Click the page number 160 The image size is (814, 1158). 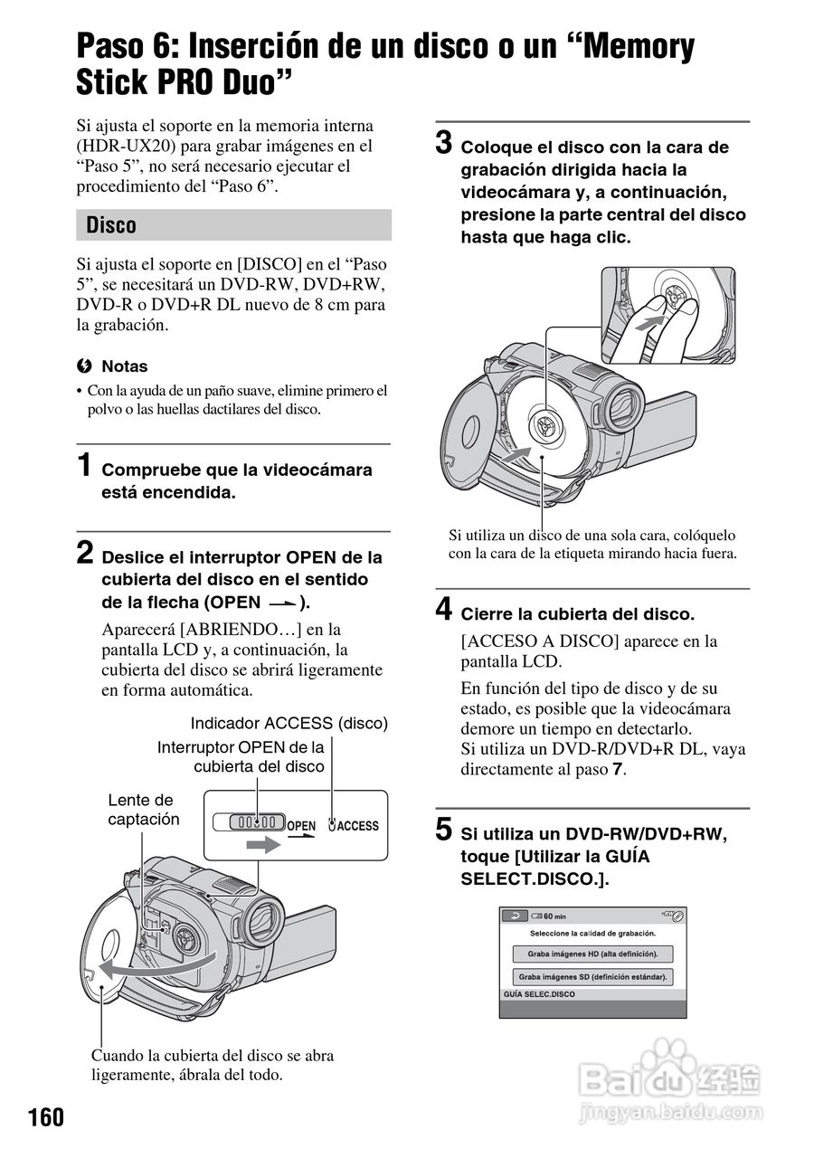45,1117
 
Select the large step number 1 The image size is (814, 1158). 83,467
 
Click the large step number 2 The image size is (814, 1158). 83,554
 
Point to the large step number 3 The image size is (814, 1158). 444,143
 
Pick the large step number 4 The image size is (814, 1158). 444,610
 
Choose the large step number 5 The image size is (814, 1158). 444,829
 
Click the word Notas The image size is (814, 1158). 124,366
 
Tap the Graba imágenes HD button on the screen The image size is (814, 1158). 593,954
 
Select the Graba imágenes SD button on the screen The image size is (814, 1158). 593,977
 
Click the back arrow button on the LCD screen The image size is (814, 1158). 516,916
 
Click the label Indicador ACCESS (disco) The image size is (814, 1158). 289,723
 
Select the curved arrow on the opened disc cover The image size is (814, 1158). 158,966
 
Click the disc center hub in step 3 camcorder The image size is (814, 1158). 545,423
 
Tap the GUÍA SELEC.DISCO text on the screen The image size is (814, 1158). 540,994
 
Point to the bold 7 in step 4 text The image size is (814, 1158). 618,770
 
